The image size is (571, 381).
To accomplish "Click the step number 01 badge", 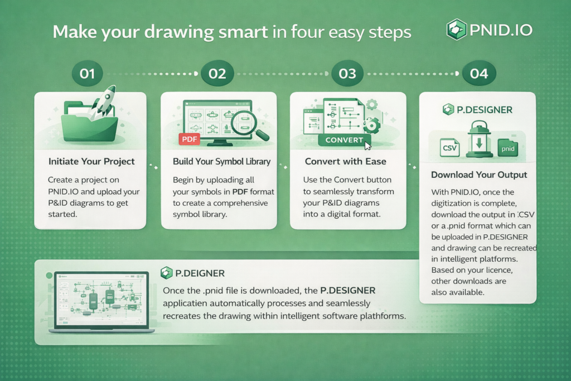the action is tap(88, 74).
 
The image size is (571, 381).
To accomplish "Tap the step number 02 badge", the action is tap(217, 74).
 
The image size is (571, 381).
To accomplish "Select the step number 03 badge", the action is tap(347, 74).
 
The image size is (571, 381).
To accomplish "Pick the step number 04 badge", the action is tap(479, 74).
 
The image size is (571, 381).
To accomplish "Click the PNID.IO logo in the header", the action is tap(490, 30).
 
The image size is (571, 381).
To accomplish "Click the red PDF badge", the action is tap(190, 139).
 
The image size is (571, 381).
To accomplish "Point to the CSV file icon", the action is tap(449, 147).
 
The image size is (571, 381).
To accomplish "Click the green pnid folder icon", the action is tap(507, 147).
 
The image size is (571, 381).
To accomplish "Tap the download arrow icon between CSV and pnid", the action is tap(479, 139).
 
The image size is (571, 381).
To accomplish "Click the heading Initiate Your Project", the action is tap(91, 161).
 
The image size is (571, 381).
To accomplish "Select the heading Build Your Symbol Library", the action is tap(221, 162).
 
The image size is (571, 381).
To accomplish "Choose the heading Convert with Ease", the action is tap(346, 161).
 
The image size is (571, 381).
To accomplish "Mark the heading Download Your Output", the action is tap(479, 175).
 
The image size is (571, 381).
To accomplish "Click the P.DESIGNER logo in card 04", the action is tap(477, 109).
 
